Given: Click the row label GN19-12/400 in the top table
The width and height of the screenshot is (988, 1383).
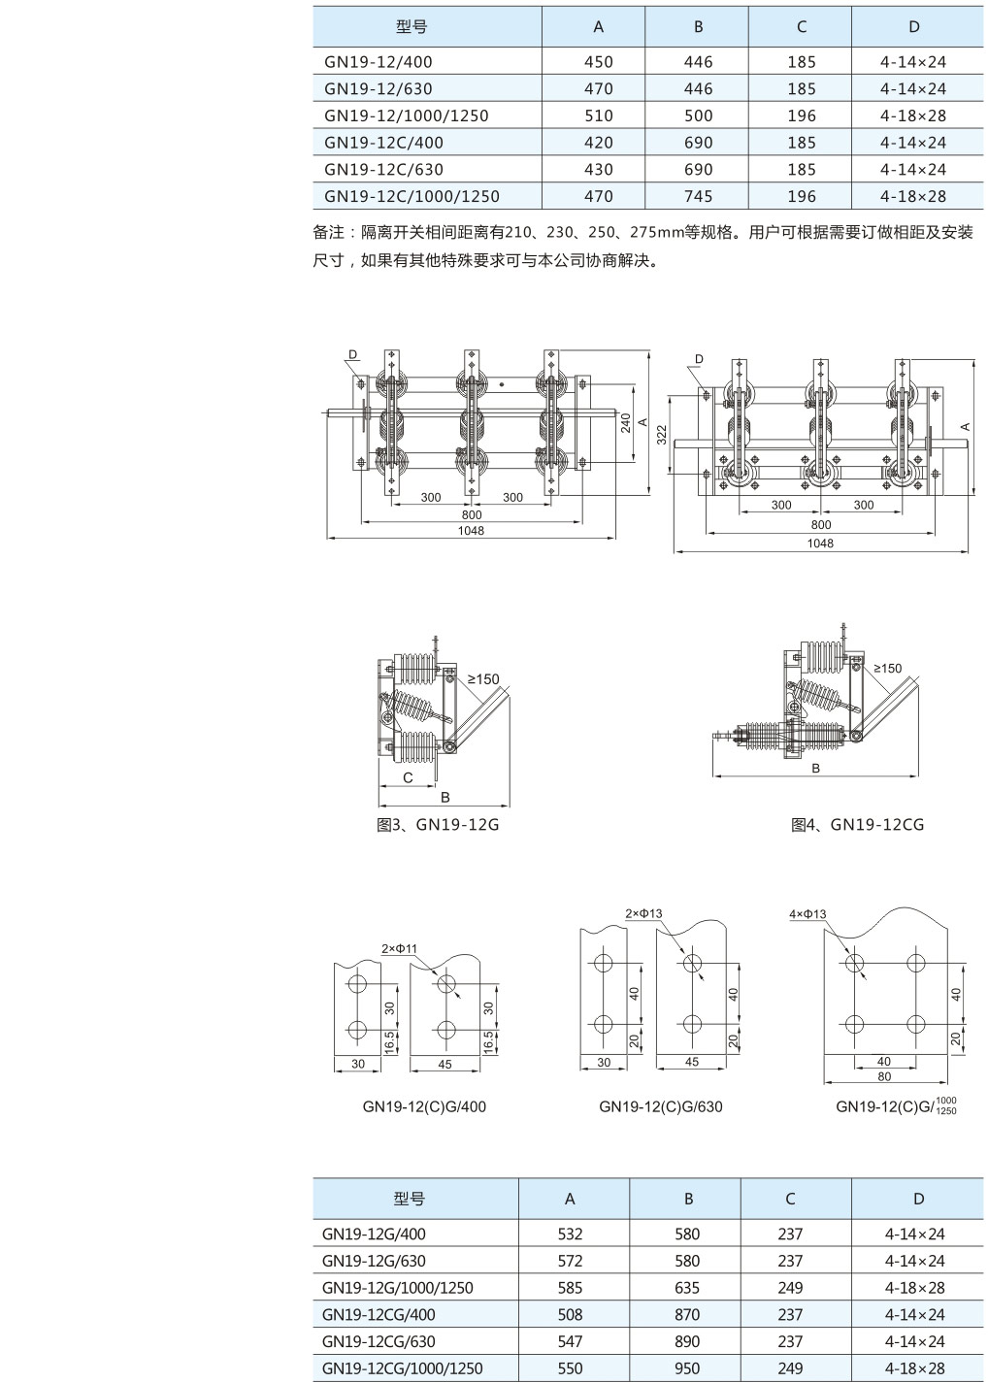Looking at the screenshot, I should click(379, 62).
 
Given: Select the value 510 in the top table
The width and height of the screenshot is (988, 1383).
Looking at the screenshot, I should click(599, 115).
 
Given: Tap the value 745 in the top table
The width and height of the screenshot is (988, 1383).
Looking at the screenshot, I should click(698, 196).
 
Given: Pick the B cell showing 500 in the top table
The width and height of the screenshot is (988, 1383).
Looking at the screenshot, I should click(698, 115).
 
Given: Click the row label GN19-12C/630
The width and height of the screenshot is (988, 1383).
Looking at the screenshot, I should click(383, 169).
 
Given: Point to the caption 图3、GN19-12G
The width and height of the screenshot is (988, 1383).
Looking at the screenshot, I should click(437, 825).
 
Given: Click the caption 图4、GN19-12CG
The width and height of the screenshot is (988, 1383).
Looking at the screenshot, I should click(857, 825).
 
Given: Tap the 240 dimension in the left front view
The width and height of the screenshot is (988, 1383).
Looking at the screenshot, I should click(626, 423).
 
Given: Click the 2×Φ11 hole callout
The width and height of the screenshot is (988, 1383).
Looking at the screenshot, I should click(399, 948).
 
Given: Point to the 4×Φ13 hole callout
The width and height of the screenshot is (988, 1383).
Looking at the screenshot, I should click(807, 914).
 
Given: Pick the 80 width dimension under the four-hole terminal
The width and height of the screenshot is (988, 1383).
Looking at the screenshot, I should click(883, 1076).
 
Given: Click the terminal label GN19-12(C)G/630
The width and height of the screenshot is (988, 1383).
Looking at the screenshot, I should click(660, 1106).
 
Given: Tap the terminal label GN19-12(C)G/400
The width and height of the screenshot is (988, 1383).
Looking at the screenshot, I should click(424, 1106).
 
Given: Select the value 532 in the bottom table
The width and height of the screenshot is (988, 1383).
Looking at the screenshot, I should click(570, 1235).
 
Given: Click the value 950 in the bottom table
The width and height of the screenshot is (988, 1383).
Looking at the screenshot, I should click(687, 1368).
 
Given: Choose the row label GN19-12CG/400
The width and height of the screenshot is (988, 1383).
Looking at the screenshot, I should click(379, 1315).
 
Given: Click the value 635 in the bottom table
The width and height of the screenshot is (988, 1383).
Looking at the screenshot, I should click(687, 1288).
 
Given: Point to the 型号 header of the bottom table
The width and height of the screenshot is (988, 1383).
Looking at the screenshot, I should click(410, 1200).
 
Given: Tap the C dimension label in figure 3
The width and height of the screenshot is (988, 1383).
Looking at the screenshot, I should click(408, 777).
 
